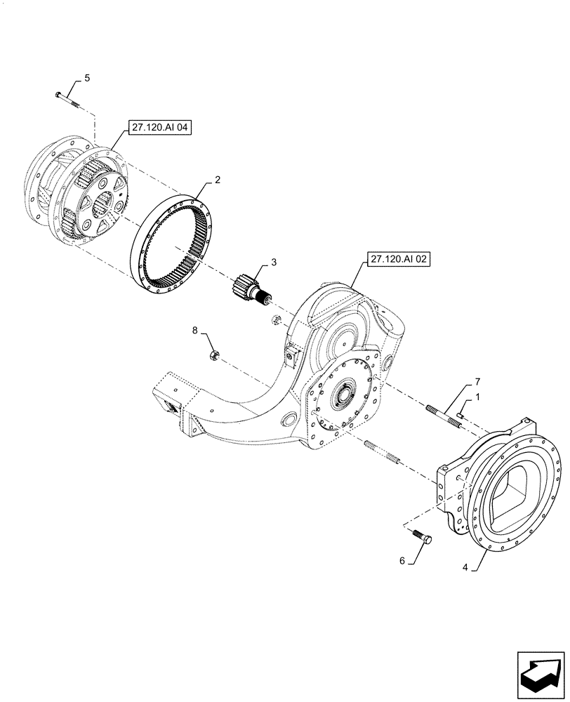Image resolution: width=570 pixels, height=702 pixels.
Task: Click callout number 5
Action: click(87, 78)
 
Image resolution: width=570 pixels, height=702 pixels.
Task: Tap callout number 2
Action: click(218, 180)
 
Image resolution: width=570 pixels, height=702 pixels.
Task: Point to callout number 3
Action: click(274, 262)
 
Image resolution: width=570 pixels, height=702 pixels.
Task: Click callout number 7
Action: click(477, 381)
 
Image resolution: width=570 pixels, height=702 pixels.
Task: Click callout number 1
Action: click(477, 397)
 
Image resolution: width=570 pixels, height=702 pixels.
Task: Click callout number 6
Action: click(402, 560)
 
